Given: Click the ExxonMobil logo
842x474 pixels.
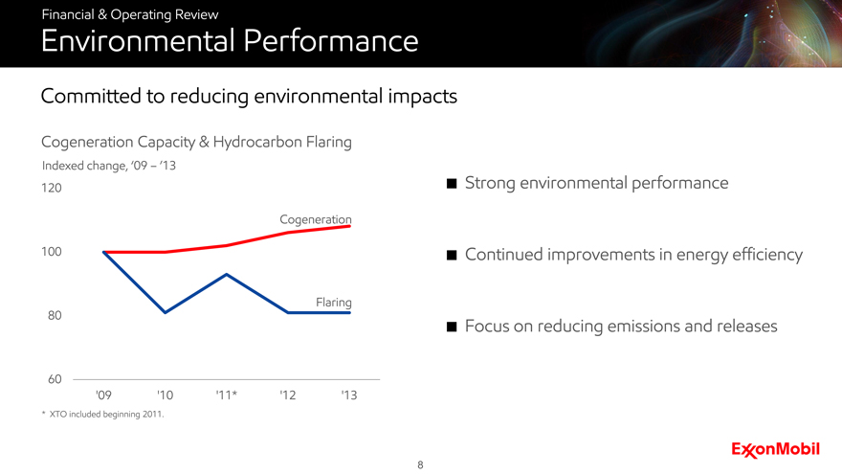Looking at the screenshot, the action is tap(775, 450).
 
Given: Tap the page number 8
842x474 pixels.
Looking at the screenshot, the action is tap(420, 464).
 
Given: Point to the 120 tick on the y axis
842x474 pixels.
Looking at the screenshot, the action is tap(52, 188).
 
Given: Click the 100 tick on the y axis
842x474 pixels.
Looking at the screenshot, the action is tap(52, 252).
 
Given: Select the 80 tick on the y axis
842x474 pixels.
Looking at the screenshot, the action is tap(55, 315).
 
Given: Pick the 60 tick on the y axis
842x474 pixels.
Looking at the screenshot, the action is tap(55, 379).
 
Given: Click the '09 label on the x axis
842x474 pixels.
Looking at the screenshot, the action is tap(103, 395).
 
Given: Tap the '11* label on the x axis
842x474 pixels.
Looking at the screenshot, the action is tap(227, 395).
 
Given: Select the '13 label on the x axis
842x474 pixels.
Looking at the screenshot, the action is tap(349, 395).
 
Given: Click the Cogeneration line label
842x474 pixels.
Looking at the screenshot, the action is tap(316, 219).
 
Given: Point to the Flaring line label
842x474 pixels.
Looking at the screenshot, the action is tap(334, 303).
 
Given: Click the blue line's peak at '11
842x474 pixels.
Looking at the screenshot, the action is tap(227, 274).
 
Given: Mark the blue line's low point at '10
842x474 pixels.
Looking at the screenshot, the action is tap(165, 312).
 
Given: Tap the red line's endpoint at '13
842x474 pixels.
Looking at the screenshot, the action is tap(349, 226).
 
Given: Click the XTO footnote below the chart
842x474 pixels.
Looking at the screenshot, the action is tap(103, 415).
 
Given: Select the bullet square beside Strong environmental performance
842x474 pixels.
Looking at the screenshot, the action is tap(452, 184).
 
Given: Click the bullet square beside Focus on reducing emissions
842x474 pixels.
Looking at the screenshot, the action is tap(452, 327).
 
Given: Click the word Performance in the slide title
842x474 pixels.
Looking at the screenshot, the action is tap(331, 41).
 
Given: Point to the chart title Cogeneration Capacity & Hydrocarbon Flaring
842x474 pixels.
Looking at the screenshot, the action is tap(196, 143).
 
